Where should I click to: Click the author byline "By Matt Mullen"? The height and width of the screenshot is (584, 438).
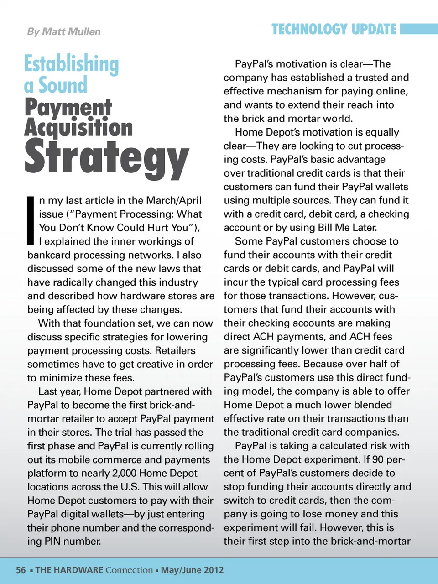click(64, 31)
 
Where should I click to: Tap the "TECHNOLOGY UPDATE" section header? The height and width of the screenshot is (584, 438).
click(334, 30)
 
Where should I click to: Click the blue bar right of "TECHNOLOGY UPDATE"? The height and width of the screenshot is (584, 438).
click(418, 30)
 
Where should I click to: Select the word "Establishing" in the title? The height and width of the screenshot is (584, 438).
click(72, 64)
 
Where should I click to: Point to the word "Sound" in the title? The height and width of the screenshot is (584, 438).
click(63, 85)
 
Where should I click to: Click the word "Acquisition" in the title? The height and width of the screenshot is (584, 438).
click(78, 127)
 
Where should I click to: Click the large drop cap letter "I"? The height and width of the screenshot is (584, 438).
click(31, 220)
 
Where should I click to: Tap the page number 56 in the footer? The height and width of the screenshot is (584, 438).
click(21, 570)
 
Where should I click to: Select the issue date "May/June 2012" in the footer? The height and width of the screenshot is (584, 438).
click(193, 570)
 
